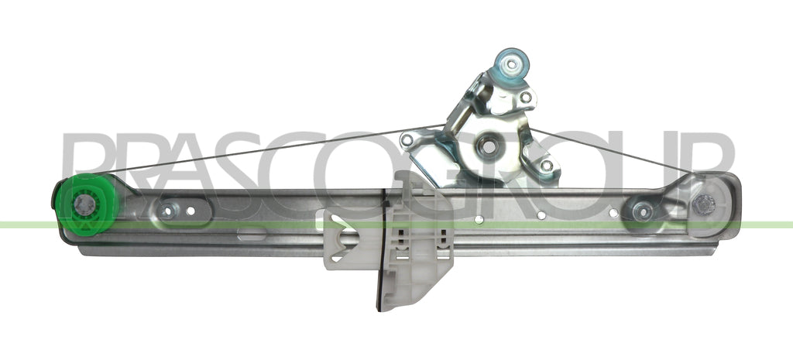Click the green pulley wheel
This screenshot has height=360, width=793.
86,204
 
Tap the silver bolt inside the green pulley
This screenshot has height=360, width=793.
84,205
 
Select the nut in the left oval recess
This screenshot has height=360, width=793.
167,210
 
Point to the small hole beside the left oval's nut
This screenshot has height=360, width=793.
191,211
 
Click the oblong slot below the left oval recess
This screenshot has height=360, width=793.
252,234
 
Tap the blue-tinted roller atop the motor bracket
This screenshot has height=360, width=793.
512,65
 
